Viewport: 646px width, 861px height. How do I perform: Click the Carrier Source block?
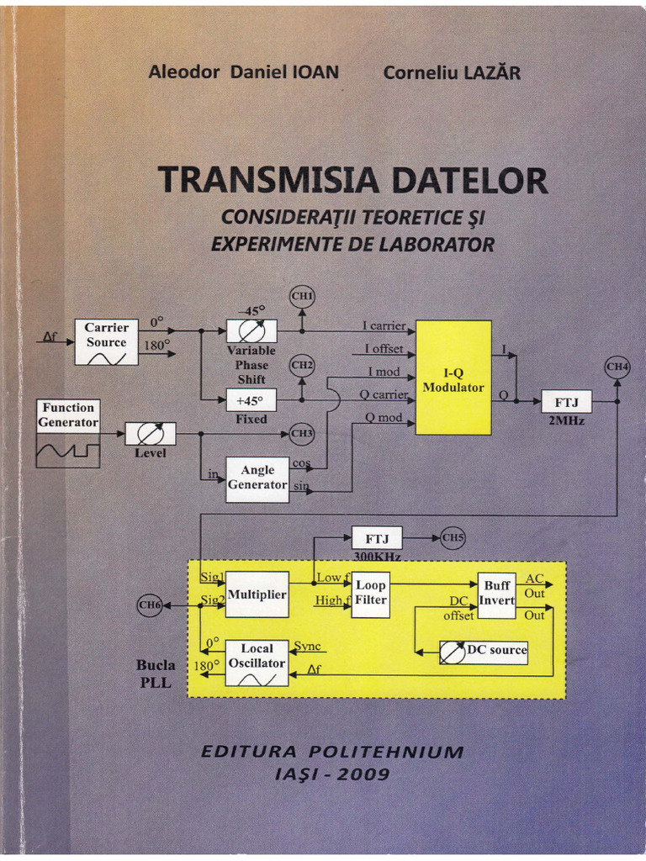pos(106,341)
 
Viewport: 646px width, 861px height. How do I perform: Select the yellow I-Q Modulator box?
pos(453,377)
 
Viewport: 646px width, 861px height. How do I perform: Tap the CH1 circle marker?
pos(302,296)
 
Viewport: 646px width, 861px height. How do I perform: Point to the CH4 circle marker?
pos(617,367)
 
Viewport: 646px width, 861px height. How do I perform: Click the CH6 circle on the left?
pos(149,605)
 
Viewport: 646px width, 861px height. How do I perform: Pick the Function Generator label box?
pos(68,415)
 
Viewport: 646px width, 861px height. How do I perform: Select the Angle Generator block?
pos(257,478)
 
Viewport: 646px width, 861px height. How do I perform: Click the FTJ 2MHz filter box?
pos(566,402)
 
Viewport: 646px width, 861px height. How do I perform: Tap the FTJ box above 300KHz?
pos(377,537)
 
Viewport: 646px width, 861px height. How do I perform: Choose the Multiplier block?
pos(257,594)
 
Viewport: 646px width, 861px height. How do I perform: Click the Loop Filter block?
pos(370,594)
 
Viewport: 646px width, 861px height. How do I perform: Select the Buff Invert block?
pos(496,594)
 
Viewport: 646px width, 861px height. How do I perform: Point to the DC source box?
pos(484,651)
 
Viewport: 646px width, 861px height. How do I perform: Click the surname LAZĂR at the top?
pos(491,72)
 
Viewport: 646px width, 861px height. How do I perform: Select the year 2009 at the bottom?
pos(363,774)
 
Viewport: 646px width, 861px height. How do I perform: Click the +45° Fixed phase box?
pos(252,400)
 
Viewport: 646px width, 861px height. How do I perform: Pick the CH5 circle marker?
pos(452,537)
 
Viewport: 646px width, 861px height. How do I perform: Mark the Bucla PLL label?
pos(156,673)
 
